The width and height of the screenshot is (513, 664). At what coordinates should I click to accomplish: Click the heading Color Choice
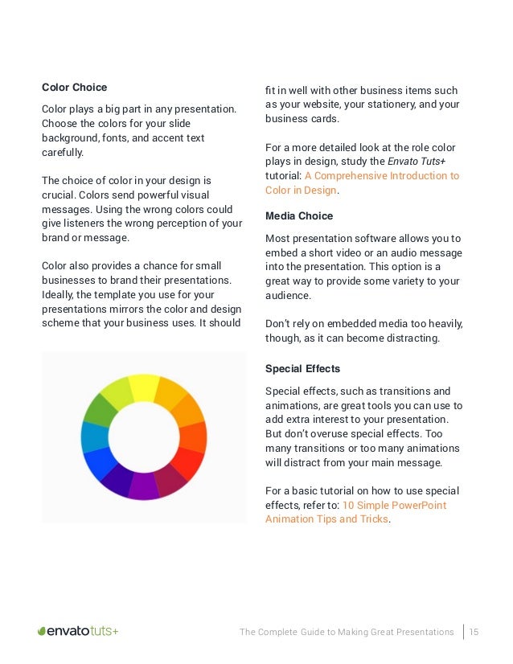click(74, 88)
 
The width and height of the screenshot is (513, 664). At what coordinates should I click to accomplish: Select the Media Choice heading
click(299, 216)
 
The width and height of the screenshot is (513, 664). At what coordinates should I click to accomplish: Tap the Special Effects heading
click(302, 369)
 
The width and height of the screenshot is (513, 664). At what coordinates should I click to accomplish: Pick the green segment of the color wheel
click(100, 409)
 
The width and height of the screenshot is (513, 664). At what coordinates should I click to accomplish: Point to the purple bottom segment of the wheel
click(144, 486)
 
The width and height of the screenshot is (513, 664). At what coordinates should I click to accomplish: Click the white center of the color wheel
click(144, 437)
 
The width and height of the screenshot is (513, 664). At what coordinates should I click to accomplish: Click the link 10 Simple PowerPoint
click(394, 505)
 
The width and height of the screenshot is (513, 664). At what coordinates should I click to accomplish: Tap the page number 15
click(474, 632)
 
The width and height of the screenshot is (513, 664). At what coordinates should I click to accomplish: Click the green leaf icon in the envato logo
click(42, 632)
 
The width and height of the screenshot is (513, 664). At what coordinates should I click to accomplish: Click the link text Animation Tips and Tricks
click(326, 519)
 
